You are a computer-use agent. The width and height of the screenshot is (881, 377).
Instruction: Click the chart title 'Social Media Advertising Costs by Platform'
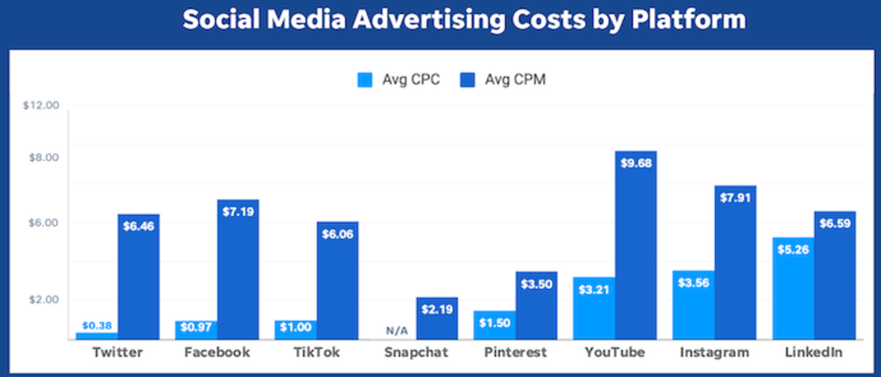point(464,21)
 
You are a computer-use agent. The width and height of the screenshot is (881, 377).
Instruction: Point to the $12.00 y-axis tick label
point(40,106)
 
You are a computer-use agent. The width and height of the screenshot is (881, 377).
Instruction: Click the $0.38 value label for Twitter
point(97,326)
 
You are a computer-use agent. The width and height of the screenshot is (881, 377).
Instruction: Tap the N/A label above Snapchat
point(396,331)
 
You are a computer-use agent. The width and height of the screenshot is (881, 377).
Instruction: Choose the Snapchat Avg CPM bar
point(437,318)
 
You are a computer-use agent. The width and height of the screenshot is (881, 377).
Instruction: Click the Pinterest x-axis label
point(515,353)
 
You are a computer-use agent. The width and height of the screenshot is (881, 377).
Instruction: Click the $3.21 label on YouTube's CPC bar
point(594,289)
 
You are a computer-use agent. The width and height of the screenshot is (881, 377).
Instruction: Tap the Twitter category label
point(117,353)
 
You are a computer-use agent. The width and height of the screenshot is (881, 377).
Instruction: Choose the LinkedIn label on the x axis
point(813,353)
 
